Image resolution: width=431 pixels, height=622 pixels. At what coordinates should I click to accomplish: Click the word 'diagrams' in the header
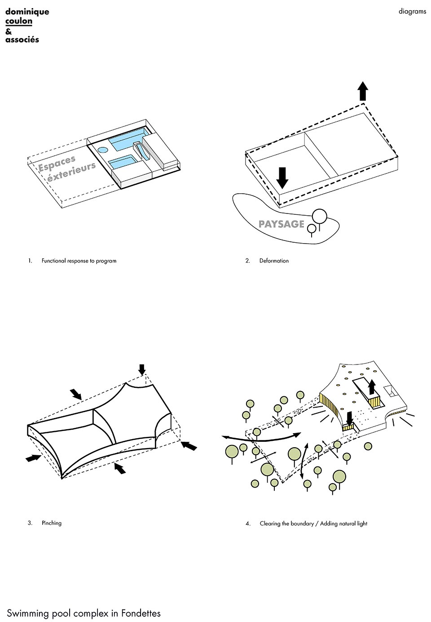(x=412, y=12)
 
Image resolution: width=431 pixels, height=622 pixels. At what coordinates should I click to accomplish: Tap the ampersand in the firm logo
(x=9, y=31)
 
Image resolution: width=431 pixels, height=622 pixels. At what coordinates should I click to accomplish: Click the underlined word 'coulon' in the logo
(x=19, y=21)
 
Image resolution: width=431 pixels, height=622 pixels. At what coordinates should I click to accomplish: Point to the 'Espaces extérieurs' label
(x=67, y=168)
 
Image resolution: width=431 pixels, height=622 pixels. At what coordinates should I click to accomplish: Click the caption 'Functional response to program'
(x=79, y=261)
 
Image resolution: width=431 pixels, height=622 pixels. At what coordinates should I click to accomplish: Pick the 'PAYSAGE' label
(x=281, y=224)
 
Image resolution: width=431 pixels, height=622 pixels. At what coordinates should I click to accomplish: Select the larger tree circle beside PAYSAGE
(x=320, y=216)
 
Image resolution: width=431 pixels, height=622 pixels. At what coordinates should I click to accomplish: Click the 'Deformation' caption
(x=274, y=261)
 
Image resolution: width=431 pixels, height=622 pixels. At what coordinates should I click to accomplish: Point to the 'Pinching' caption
(x=52, y=523)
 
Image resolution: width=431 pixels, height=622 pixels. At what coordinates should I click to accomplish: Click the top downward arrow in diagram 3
(x=142, y=369)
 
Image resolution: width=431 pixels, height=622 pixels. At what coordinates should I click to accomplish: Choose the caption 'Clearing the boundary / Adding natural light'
(x=313, y=524)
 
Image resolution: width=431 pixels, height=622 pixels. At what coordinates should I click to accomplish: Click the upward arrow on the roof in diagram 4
(x=371, y=386)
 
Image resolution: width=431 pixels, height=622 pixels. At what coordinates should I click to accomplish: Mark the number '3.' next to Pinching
(x=30, y=523)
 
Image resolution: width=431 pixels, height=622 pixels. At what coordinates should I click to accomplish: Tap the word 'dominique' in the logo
(x=27, y=12)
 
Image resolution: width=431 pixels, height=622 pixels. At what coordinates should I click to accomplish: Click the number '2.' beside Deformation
(x=248, y=261)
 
